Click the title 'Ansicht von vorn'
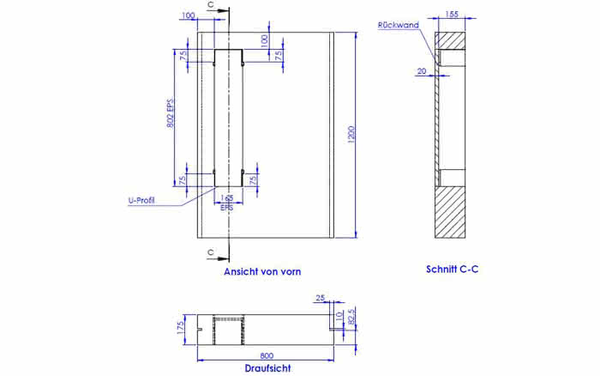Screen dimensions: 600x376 point(262,271)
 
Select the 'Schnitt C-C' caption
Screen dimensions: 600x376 point(453,269)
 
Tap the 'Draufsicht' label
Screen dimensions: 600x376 point(267,368)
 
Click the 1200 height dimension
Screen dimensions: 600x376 point(351,135)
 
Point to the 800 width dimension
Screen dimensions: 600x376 point(267,356)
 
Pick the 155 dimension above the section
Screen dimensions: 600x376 point(452,15)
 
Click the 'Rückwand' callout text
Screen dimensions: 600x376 point(399,25)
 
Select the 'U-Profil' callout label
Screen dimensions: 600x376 point(141,201)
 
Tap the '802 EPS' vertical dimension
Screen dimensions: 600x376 point(171,113)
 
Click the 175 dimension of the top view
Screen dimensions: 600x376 point(180,328)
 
